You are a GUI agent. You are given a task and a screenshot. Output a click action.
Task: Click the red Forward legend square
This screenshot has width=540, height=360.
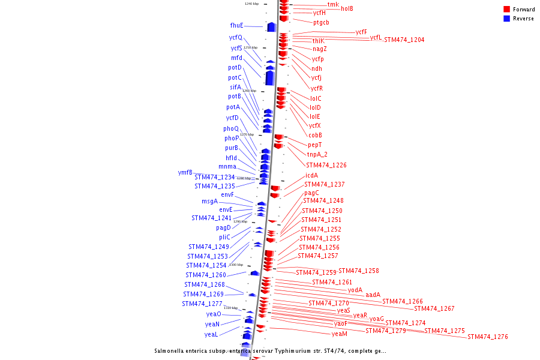click(507, 10)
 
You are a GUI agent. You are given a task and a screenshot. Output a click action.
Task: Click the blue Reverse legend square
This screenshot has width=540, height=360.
click(507, 19)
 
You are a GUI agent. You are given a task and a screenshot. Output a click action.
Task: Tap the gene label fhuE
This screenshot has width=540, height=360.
click(236, 26)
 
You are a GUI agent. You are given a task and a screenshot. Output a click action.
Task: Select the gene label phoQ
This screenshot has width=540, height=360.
click(231, 129)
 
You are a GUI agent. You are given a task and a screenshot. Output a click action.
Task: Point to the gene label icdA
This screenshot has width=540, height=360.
click(311, 176)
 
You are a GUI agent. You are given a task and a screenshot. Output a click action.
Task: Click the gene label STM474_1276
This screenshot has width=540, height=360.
click(487, 337)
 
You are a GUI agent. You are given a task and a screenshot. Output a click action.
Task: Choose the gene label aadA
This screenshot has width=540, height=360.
click(373, 295)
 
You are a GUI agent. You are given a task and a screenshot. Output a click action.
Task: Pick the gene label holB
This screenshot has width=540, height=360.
click(347, 9)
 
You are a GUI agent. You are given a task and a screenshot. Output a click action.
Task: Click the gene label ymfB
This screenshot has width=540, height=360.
click(185, 173)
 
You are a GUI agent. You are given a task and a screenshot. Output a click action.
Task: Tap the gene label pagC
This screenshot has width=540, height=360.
click(311, 193)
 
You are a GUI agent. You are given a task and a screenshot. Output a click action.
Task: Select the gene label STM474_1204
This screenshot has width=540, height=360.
click(404, 40)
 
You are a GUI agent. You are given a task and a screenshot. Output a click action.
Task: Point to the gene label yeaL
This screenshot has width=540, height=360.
click(211, 335)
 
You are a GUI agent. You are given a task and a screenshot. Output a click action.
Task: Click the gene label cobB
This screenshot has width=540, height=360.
click(315, 136)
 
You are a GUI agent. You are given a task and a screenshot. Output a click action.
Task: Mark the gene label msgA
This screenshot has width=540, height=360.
click(209, 202)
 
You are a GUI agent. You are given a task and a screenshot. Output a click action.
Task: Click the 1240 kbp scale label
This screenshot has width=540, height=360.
click(251, 4)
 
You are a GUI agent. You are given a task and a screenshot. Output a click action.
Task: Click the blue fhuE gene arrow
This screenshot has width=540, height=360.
click(271, 27)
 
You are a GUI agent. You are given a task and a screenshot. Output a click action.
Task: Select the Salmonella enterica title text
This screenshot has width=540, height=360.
click(270, 351)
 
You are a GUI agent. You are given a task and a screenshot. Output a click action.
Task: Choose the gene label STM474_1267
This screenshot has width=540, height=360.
click(434, 309)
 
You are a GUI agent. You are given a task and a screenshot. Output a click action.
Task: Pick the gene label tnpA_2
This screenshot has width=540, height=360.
click(317, 155)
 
